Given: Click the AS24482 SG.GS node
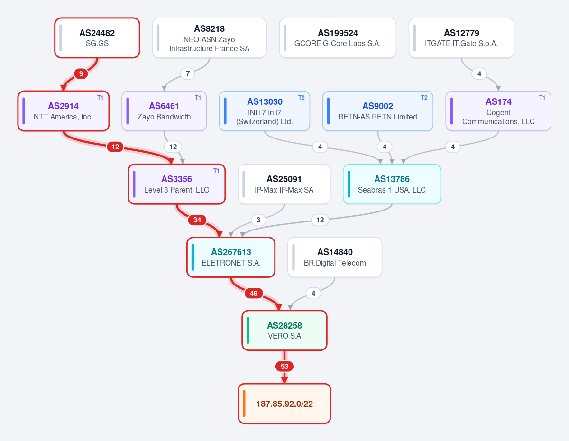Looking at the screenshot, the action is point(97,38).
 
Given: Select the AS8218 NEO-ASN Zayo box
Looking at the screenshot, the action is point(209,38).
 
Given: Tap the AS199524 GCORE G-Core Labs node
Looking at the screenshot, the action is point(338,38).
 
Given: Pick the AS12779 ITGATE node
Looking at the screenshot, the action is point(461,38).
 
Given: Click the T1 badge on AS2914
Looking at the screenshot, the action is point(101,98).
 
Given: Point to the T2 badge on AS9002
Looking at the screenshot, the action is point(424,98).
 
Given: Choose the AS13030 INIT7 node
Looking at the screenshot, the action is point(265,111).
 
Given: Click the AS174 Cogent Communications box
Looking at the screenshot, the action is point(498,111).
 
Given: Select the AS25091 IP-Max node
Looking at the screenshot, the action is point(284,184).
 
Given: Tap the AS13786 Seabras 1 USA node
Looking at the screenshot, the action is point(392,184).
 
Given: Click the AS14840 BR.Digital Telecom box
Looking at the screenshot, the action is point(335,257).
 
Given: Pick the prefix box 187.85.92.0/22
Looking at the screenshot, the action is point(284,404).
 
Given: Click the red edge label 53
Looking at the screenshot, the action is point(284,367).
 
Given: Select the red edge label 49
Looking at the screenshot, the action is point(254,294).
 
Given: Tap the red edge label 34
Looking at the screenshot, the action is point(197,220).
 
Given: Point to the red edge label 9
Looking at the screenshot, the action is point(81,74).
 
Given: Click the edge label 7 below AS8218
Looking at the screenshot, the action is point(188,74).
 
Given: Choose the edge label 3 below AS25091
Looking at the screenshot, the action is point(258,220).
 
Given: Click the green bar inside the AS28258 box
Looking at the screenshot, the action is point(248,330).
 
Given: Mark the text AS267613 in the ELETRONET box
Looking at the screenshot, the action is point(231,252).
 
